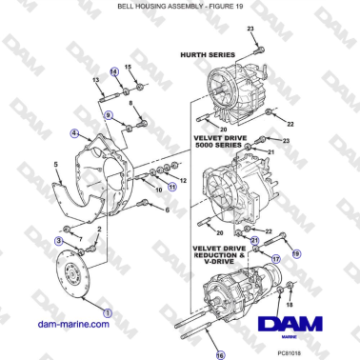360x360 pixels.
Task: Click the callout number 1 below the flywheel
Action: [106, 310]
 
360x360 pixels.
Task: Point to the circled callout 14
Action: [113, 71]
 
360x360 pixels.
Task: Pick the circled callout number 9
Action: [109, 114]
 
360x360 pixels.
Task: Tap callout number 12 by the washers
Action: [184, 179]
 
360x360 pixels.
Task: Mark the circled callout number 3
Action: [61, 242]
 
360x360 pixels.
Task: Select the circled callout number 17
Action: [276, 257]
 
